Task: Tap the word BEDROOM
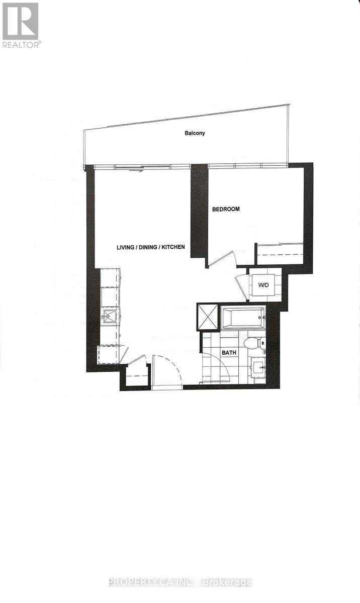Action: [x=225, y=209]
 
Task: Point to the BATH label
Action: [x=229, y=353]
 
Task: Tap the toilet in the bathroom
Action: [x=251, y=344]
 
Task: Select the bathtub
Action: [x=243, y=318]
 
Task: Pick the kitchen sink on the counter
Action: [x=110, y=316]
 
